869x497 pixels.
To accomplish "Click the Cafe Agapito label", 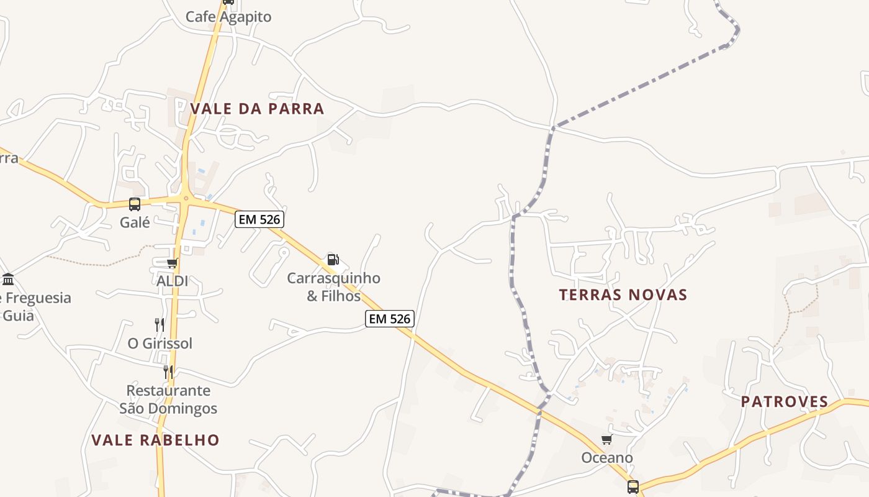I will coord(228,17).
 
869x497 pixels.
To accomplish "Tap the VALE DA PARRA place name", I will coord(257,109).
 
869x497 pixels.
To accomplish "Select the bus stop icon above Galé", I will coord(134,204).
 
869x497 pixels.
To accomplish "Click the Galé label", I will coord(135,222).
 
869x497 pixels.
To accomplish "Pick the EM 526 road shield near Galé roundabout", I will coord(259,219).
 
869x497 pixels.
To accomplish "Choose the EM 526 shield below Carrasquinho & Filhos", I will coord(389,319).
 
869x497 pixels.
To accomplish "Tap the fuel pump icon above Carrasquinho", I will coord(333,260).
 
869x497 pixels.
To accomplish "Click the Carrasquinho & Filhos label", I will coord(333,286).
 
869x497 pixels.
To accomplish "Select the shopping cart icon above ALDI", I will coord(172,263).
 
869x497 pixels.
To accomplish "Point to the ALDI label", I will coord(172,281).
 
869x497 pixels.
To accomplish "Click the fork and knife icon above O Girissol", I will coord(160,324).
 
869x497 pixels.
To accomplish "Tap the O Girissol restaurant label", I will coord(160,343).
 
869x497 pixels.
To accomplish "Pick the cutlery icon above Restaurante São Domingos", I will coord(168,372).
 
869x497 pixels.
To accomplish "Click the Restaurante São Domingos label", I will coord(168,399).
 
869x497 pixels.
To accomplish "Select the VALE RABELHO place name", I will coord(155,440).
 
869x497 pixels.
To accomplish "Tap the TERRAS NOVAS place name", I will coord(623,295).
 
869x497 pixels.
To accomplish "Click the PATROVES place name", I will coord(785,402).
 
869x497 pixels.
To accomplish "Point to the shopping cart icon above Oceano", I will coord(606,440).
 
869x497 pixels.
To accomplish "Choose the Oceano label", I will coord(607,458).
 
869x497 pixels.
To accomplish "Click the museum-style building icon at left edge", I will coord(8,279).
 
